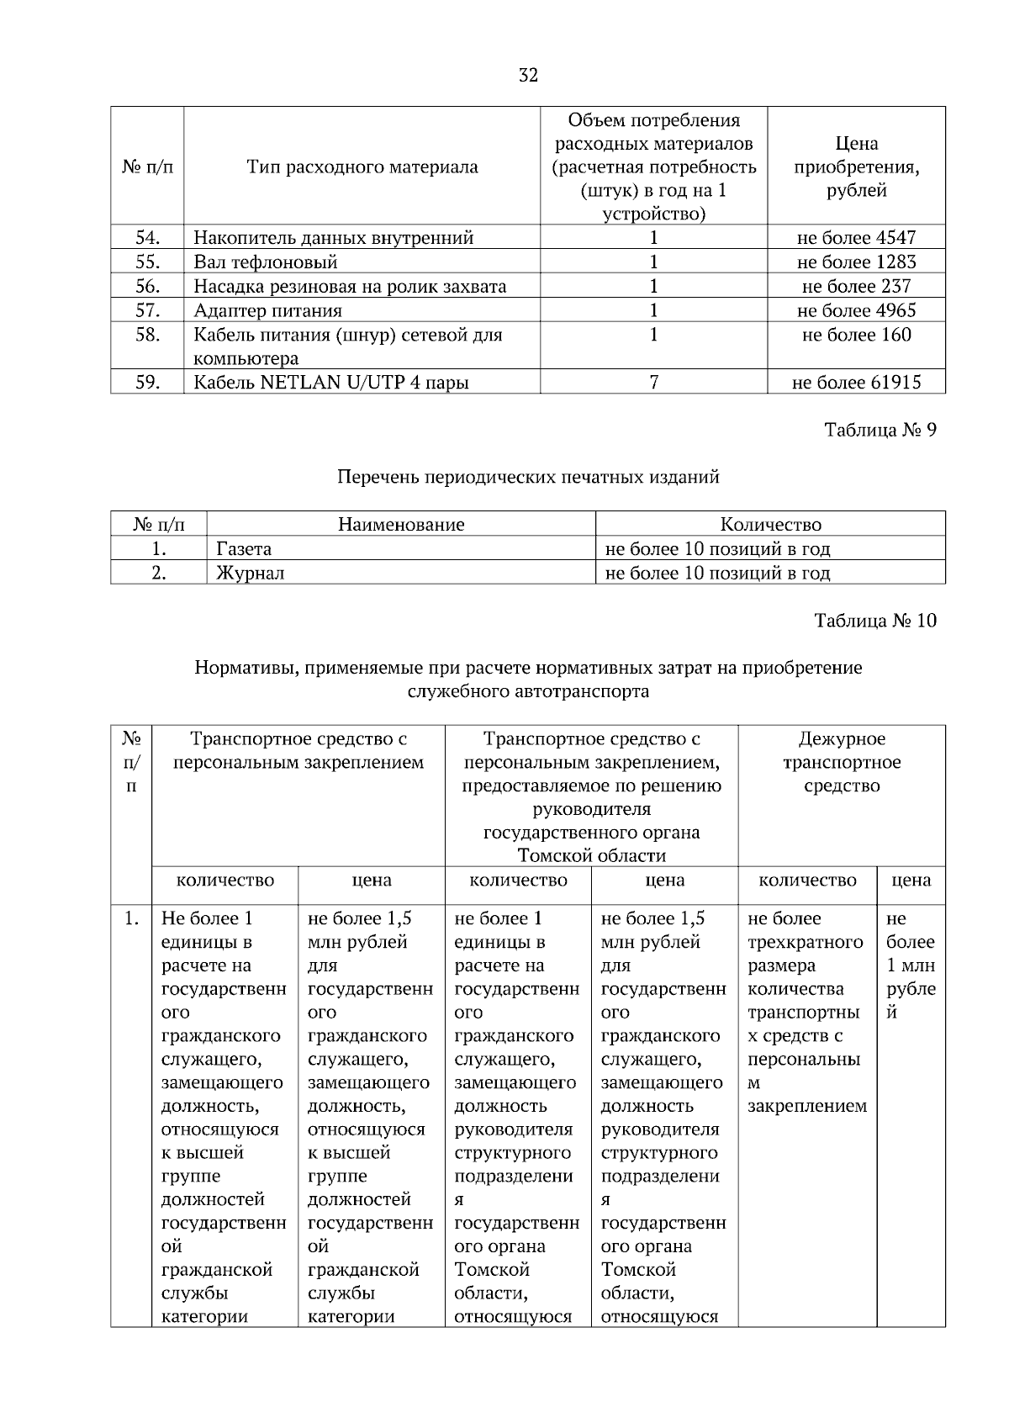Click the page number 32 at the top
click(x=528, y=76)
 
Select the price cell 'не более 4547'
click(x=856, y=238)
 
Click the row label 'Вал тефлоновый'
click(x=266, y=262)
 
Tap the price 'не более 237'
click(x=856, y=287)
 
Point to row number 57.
click(x=147, y=311)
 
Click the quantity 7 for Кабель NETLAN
click(x=653, y=383)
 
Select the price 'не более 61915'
click(x=856, y=383)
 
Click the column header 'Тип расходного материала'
click(x=362, y=167)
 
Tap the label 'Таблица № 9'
click(x=880, y=431)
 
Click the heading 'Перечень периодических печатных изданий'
click(x=528, y=478)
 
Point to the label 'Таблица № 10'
click(x=874, y=621)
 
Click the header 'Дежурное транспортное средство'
click(x=842, y=763)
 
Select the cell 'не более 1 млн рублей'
click(x=911, y=965)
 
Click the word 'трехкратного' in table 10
click(x=805, y=943)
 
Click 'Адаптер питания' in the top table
click(x=267, y=311)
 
